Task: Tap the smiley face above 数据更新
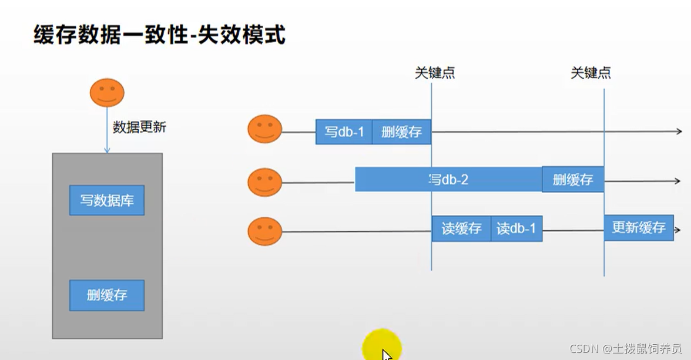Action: pyautogui.click(x=107, y=93)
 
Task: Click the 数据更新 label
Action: pyautogui.click(x=139, y=127)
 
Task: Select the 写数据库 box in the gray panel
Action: pyautogui.click(x=107, y=200)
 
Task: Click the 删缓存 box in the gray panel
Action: pyautogui.click(x=107, y=295)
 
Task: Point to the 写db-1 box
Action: pyautogui.click(x=344, y=132)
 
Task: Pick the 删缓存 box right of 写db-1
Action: pyautogui.click(x=401, y=132)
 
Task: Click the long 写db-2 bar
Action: pyautogui.click(x=448, y=180)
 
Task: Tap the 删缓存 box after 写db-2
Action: pyautogui.click(x=572, y=180)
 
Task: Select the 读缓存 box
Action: pyautogui.click(x=461, y=228)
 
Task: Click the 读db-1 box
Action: pyautogui.click(x=516, y=228)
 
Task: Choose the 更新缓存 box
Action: pyautogui.click(x=638, y=228)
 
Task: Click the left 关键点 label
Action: pyautogui.click(x=435, y=73)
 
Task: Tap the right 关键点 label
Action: pyautogui.click(x=591, y=73)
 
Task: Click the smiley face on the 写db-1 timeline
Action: pyautogui.click(x=265, y=129)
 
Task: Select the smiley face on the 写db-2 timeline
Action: pyautogui.click(x=265, y=182)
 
